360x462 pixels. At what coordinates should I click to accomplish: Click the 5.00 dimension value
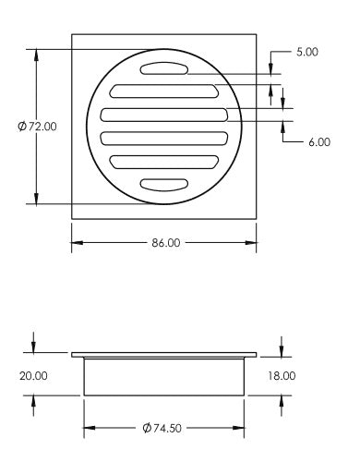[x=307, y=52]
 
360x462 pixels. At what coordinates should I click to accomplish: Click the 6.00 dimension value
[x=318, y=142]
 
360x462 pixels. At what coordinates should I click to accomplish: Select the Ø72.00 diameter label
[x=37, y=127]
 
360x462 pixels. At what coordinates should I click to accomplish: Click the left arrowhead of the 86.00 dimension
[x=76, y=242]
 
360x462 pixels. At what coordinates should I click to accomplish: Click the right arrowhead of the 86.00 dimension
[x=253, y=242]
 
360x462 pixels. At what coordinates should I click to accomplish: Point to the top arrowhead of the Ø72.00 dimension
[x=38, y=54]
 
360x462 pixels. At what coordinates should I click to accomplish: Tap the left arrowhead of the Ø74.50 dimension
[x=89, y=428]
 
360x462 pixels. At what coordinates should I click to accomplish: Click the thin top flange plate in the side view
[x=164, y=354]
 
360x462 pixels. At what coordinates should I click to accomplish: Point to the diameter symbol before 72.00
[x=22, y=127]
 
